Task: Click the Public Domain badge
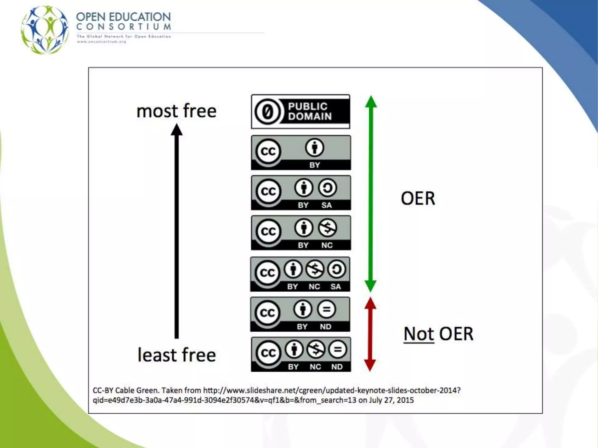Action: pyautogui.click(x=300, y=111)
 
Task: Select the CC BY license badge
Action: pyautogui.click(x=301, y=153)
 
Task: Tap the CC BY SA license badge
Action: pyautogui.click(x=301, y=192)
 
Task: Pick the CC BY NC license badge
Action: pyautogui.click(x=301, y=233)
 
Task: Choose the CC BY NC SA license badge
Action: pyautogui.click(x=300, y=274)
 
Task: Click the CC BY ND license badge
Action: pyautogui.click(x=300, y=314)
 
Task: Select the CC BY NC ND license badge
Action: pyautogui.click(x=301, y=354)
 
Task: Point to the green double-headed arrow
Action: pyautogui.click(x=371, y=194)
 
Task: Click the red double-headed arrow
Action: pyautogui.click(x=370, y=334)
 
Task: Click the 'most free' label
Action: pyautogui.click(x=176, y=111)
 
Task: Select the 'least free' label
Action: pyautogui.click(x=177, y=355)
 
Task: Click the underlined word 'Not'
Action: pyautogui.click(x=418, y=334)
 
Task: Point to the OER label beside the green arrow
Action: pyautogui.click(x=418, y=198)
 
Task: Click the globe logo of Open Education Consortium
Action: pyautogui.click(x=45, y=29)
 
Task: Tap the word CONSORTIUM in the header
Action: pyautogui.click(x=124, y=27)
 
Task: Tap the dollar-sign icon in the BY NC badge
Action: pyautogui.click(x=327, y=228)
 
